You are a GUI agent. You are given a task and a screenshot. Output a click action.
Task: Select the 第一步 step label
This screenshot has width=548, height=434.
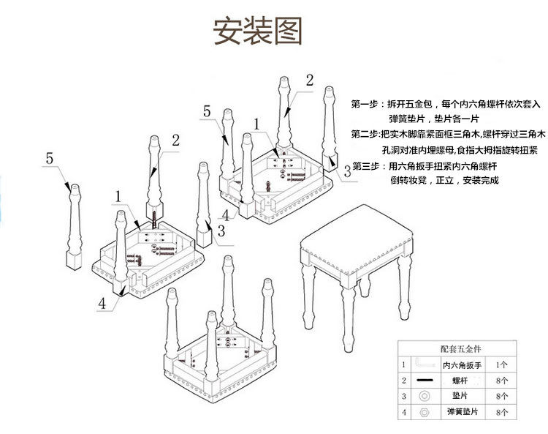(365, 103)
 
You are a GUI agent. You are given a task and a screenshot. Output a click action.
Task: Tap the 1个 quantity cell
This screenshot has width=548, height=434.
(501, 364)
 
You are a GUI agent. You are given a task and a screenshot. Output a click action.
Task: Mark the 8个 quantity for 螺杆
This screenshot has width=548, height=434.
(501, 381)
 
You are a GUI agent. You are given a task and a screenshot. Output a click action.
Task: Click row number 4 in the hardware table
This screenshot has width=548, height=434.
(403, 413)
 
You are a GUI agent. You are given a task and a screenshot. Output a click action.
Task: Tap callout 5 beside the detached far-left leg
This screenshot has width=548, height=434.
(50, 157)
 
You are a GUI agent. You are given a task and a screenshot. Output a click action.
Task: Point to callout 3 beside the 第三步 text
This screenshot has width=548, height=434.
(347, 170)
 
